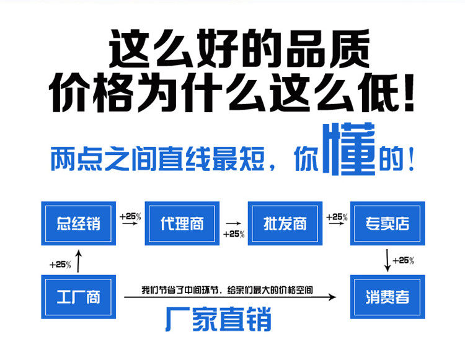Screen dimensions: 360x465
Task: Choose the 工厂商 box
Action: (x=78, y=297)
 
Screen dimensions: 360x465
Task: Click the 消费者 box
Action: (x=387, y=297)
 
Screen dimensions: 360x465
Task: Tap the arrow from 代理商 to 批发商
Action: (x=233, y=223)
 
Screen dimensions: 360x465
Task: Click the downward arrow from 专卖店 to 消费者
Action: (x=387, y=260)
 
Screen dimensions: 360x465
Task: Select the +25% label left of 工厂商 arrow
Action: (x=60, y=265)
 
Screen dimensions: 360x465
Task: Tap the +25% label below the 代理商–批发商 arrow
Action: (x=234, y=234)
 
